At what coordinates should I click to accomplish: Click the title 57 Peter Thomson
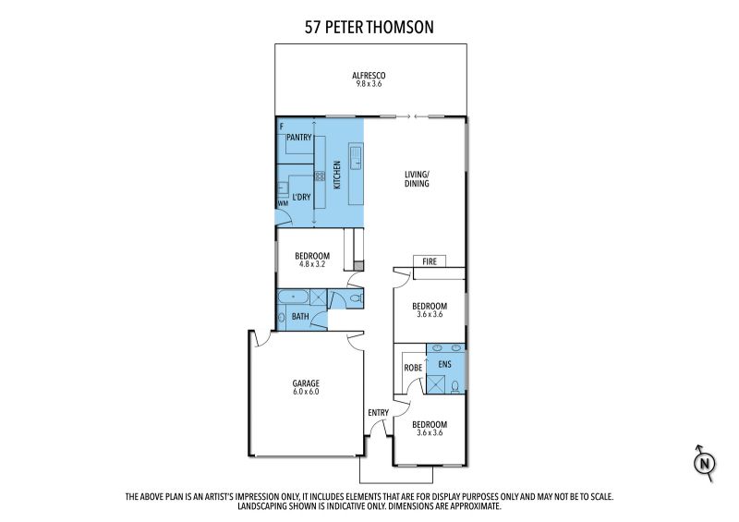click(369, 27)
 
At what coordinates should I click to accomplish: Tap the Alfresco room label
click(369, 76)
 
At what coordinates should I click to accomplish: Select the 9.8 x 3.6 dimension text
click(369, 84)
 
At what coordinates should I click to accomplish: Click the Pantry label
click(298, 138)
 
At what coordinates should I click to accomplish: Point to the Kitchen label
click(337, 176)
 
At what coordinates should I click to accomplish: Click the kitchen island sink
click(356, 156)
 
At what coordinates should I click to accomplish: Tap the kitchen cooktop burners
click(320, 176)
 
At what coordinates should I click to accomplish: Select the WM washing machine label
click(283, 203)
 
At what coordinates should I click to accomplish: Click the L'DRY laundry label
click(301, 197)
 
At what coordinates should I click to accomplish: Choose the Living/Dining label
click(417, 178)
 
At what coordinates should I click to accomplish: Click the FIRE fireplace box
click(430, 261)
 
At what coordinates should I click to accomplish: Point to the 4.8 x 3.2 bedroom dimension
click(312, 264)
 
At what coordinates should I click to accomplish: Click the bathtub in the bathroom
click(293, 297)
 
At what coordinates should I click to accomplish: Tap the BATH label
click(300, 316)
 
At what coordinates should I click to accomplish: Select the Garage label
click(306, 383)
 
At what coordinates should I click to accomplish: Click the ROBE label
click(413, 368)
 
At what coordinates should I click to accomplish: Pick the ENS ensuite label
click(444, 364)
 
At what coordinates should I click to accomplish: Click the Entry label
click(379, 413)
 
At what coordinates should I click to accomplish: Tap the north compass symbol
click(705, 463)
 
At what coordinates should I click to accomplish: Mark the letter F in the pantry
click(282, 127)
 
